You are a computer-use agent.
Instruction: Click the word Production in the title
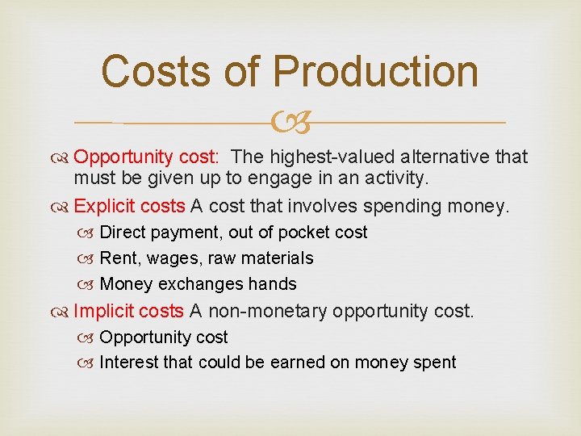[376, 71]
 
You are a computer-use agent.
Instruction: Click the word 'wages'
[168, 258]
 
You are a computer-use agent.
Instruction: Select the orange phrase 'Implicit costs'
[128, 311]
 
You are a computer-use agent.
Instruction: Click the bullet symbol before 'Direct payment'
[88, 233]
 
